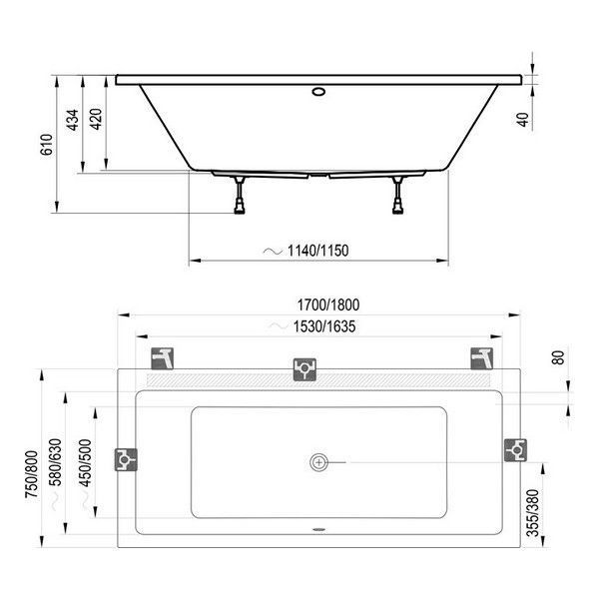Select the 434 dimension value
coord(72,122)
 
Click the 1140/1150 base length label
coord(317,250)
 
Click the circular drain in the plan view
coord(318,461)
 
